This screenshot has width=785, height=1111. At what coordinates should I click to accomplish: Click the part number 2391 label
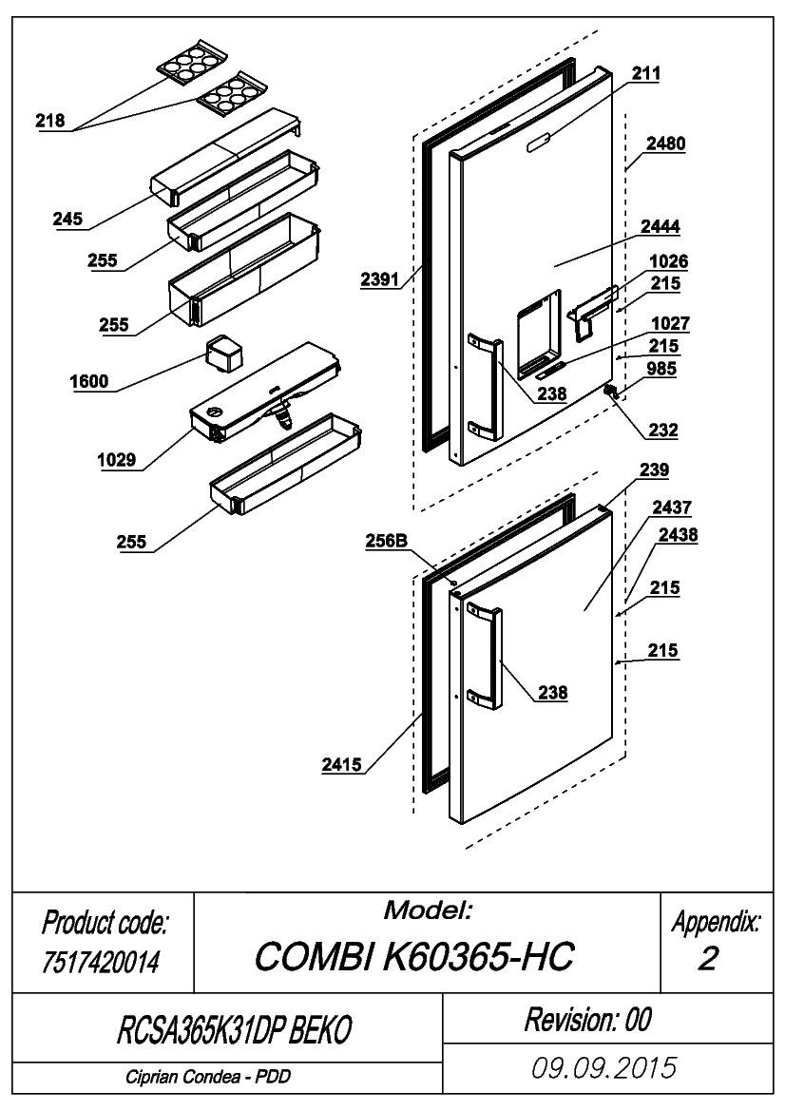click(x=380, y=279)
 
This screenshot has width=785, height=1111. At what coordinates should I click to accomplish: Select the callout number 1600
click(x=89, y=382)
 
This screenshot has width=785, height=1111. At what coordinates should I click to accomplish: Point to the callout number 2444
click(x=661, y=227)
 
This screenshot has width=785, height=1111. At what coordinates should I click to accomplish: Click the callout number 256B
click(x=387, y=542)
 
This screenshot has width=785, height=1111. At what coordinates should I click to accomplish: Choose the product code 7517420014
click(x=101, y=962)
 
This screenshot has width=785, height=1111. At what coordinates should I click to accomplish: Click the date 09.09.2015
click(x=604, y=1068)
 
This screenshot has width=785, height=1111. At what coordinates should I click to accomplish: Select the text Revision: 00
click(x=587, y=1020)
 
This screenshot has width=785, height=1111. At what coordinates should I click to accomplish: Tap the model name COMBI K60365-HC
click(x=413, y=956)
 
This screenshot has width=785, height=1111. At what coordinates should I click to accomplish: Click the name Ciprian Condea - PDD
click(x=208, y=1077)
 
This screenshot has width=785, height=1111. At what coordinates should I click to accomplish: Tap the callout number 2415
click(x=341, y=765)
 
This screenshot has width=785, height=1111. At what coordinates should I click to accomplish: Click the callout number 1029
click(x=117, y=461)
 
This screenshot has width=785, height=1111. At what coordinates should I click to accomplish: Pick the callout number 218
click(x=50, y=121)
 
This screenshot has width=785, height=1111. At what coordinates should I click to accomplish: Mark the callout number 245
click(x=67, y=220)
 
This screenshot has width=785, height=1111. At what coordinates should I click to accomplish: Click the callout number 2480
click(x=666, y=144)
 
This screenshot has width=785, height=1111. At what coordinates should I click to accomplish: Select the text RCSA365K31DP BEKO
click(x=234, y=1029)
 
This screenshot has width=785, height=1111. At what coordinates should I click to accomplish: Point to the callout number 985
click(x=661, y=369)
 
